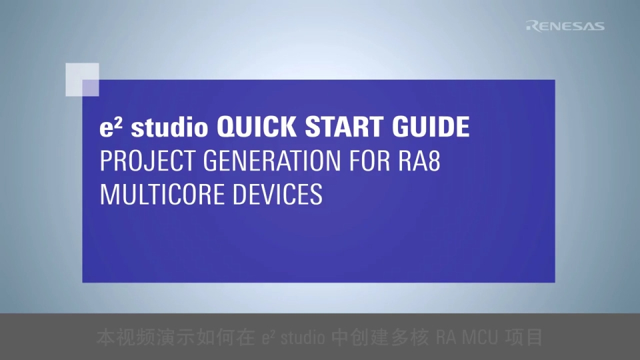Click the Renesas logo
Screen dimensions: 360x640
[565, 26]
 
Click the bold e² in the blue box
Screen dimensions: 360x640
[108, 127]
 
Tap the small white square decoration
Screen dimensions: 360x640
[83, 79]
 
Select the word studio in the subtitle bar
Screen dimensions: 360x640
[304, 337]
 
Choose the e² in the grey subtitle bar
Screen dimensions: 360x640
[269, 337]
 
